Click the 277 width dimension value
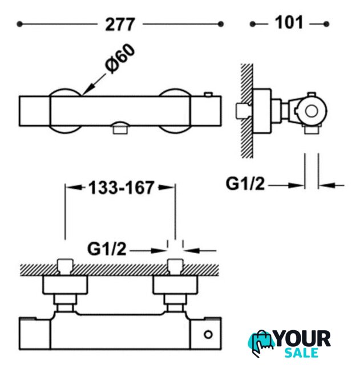(x=120, y=24)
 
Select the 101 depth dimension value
(x=289, y=23)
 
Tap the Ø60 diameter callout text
(x=120, y=59)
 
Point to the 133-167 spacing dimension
(x=121, y=188)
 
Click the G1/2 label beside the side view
(x=245, y=184)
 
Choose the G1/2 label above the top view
(x=107, y=249)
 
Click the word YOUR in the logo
(x=303, y=339)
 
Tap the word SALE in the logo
(x=301, y=352)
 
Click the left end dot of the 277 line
(x=20, y=24)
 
